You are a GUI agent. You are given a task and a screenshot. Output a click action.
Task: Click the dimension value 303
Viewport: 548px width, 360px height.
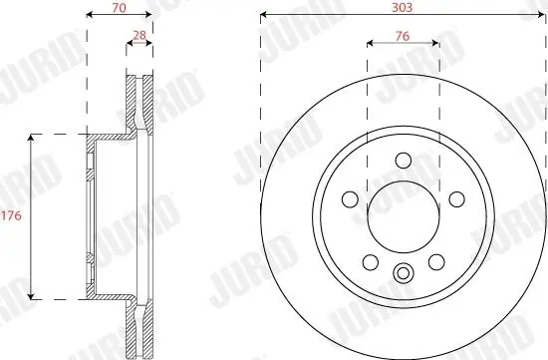tap(403, 8)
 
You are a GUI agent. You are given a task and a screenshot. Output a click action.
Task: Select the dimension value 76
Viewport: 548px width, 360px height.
tap(403, 36)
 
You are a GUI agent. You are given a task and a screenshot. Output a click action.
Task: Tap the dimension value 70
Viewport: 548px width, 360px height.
tap(120, 8)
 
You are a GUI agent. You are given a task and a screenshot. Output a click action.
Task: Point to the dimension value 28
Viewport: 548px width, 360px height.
tap(139, 35)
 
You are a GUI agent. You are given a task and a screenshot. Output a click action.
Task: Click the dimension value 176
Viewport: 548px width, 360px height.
tap(12, 215)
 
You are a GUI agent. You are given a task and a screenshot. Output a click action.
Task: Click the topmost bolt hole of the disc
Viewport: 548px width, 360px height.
tap(404, 161)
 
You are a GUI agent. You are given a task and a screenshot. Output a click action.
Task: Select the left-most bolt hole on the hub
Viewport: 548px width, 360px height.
tap(350, 199)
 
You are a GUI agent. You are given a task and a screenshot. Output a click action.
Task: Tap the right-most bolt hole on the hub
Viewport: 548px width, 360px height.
tap(456, 199)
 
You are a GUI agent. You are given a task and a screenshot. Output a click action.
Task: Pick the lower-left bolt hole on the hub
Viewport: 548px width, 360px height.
tap(371, 262)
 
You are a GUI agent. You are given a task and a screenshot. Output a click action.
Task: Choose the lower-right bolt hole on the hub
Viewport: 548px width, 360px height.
tap(436, 262)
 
